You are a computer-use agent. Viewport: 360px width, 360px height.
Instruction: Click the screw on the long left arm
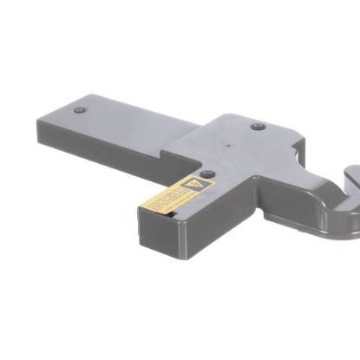tap(80, 111)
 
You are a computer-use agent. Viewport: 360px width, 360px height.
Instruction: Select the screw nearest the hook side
tap(258, 127)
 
